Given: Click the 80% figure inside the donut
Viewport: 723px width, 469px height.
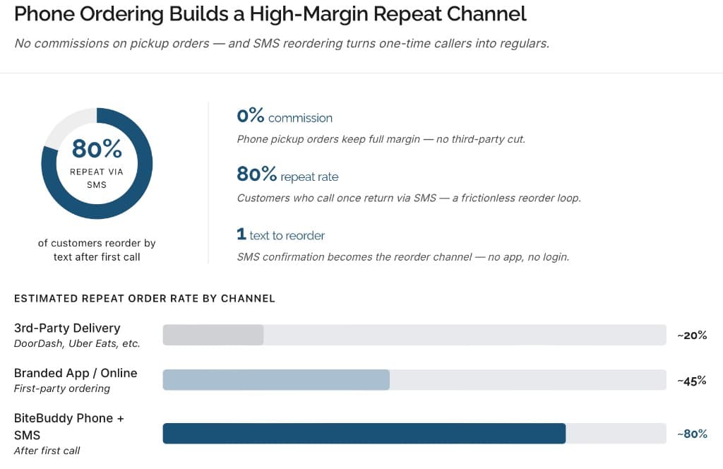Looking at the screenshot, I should point(97,149).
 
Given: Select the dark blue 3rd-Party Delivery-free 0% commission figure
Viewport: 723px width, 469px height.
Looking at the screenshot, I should point(250,117).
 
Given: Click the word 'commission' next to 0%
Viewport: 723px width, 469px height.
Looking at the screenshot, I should point(300,118).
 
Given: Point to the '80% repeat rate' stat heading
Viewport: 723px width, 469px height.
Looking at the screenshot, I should point(287,176).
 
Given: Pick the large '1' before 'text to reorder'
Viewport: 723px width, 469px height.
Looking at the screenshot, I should point(241,234).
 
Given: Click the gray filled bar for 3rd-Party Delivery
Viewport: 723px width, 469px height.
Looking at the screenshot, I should point(213,335).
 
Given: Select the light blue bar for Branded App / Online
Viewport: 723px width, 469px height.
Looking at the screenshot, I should point(276,380).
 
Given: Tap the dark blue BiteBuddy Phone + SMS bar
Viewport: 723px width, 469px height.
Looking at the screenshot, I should point(364,433).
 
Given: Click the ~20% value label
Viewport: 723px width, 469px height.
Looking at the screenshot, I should point(692,336).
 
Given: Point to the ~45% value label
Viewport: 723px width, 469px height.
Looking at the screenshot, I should point(692,381).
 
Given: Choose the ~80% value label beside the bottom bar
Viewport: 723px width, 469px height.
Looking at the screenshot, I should point(692,434).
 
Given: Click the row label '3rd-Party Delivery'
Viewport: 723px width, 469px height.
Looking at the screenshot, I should point(67,328).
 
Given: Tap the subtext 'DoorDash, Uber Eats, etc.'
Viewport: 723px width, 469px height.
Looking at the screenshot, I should point(77,343).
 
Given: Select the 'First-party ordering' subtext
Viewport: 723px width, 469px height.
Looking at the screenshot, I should point(62,388).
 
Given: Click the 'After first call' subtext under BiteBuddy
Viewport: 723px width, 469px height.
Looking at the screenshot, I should point(47,451).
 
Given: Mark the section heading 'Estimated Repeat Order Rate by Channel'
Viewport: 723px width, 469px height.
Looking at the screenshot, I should point(145,298).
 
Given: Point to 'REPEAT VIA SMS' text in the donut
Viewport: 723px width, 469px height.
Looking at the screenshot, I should point(97,178).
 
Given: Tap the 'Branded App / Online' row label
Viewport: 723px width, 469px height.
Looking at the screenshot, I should point(76,373).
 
